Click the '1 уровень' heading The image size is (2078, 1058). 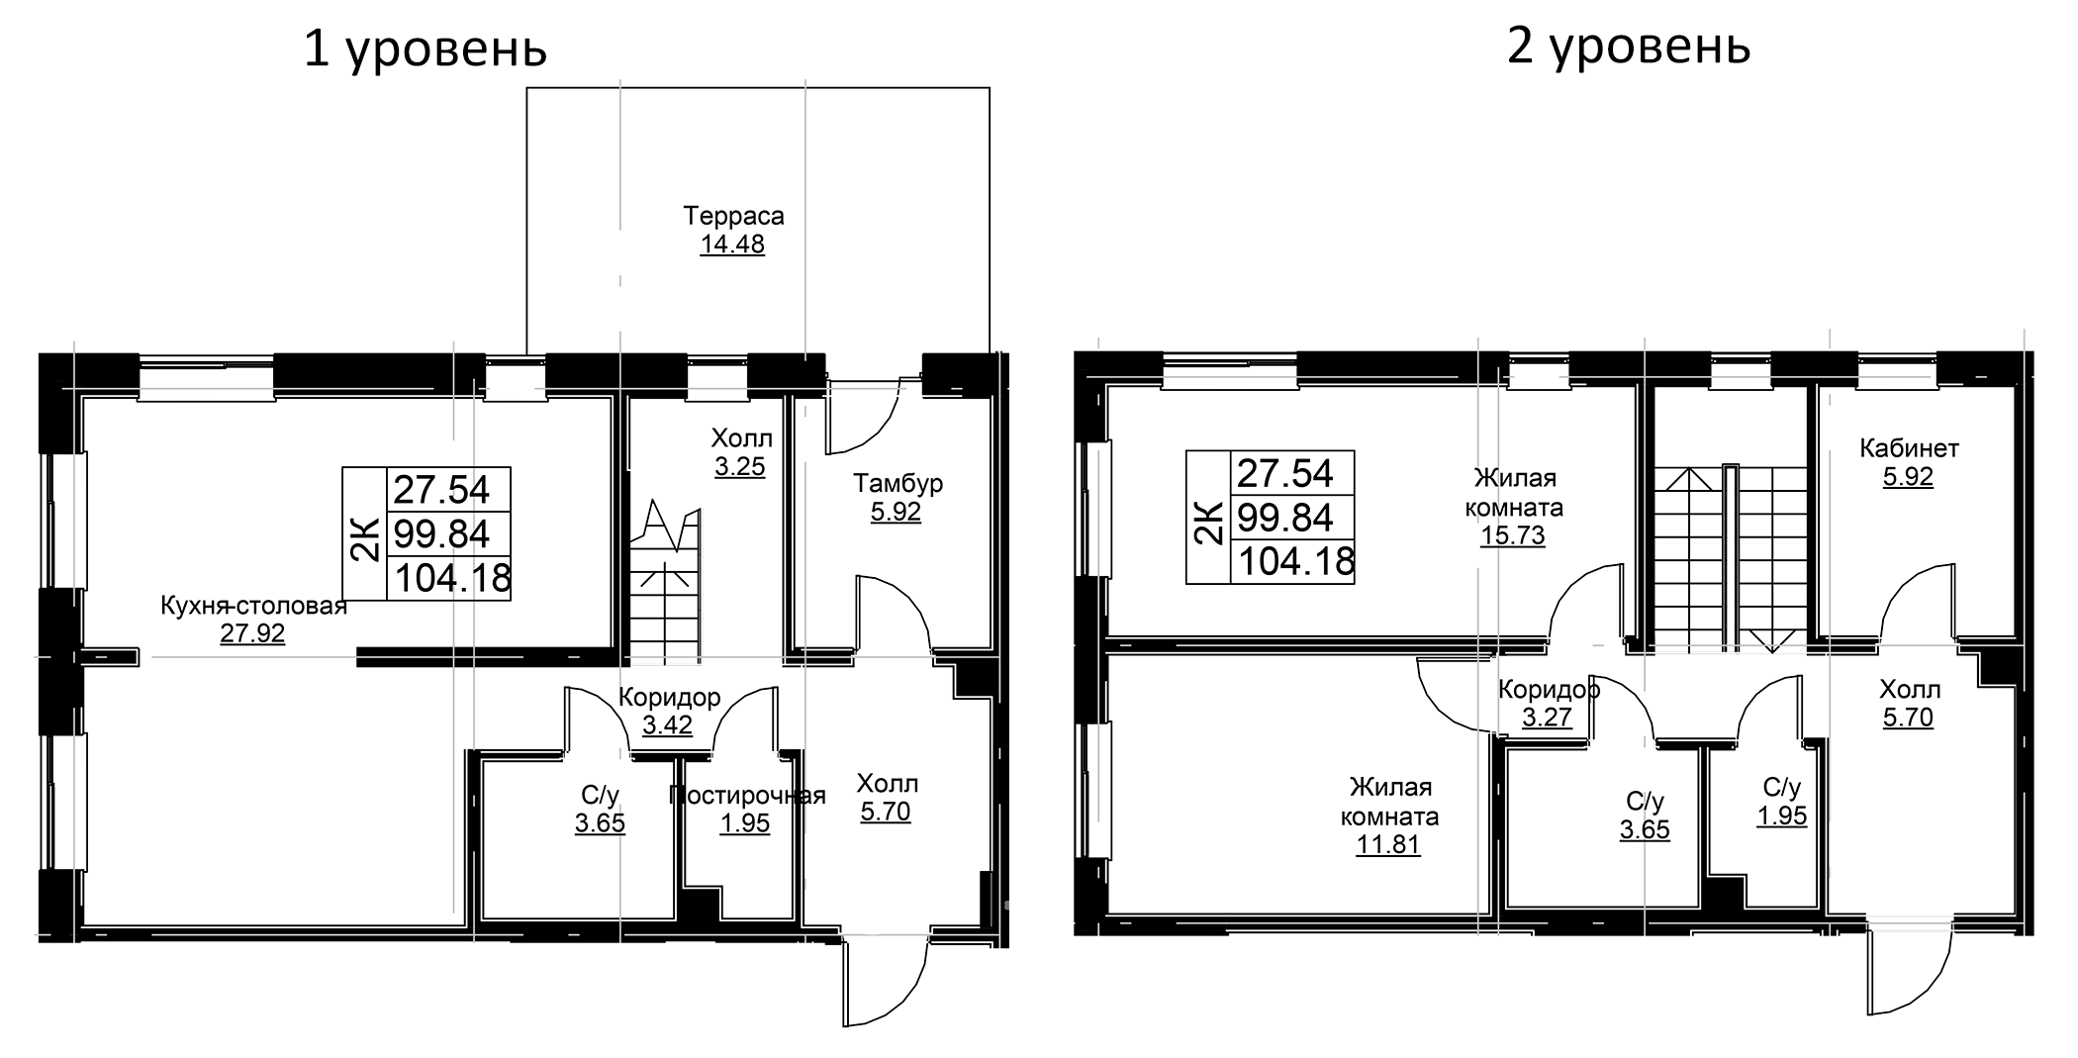[x=425, y=49]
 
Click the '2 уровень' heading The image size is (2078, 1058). [x=1629, y=47]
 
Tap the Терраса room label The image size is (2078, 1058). [x=733, y=216]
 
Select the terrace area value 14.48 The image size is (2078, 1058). [x=732, y=244]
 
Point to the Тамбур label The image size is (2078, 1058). [x=897, y=483]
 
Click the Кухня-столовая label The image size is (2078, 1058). [x=253, y=606]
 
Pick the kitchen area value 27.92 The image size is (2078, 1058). [x=252, y=633]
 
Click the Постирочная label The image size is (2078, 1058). [x=747, y=795]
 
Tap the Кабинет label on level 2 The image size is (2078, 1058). [x=1909, y=448]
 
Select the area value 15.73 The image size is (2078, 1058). [x=1512, y=535]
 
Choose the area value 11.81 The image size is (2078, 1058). [x=1388, y=844]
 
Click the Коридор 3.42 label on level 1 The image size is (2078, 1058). [x=669, y=711]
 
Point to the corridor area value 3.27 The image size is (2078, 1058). [x=1547, y=717]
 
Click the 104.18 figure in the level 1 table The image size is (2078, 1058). [x=452, y=578]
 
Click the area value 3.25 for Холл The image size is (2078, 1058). [x=740, y=466]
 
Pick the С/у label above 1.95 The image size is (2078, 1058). [x=1782, y=787]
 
